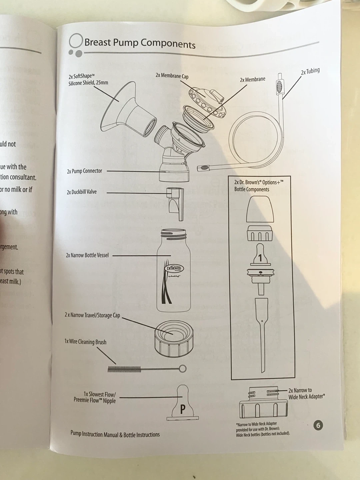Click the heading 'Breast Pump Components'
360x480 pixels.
pos(140,43)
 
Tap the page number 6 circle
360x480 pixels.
pos(318,425)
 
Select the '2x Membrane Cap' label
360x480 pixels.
pos(172,76)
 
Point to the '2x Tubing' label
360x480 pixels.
pos(310,71)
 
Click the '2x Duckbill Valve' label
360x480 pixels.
pos(82,192)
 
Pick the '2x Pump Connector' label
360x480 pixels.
pos(85,171)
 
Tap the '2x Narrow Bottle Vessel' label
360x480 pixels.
pos(87,255)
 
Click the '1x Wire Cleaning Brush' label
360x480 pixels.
pos(85,342)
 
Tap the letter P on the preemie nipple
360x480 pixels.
pos(182,409)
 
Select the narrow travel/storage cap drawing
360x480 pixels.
pos(174,338)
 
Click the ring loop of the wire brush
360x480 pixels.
pos(182,368)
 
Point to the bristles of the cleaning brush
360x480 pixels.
pos(124,369)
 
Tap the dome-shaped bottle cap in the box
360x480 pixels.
pos(260,209)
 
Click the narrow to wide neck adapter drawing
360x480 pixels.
pos(263,405)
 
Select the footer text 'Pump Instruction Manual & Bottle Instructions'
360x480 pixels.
pos(115,434)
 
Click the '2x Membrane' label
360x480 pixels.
pos(253,80)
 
